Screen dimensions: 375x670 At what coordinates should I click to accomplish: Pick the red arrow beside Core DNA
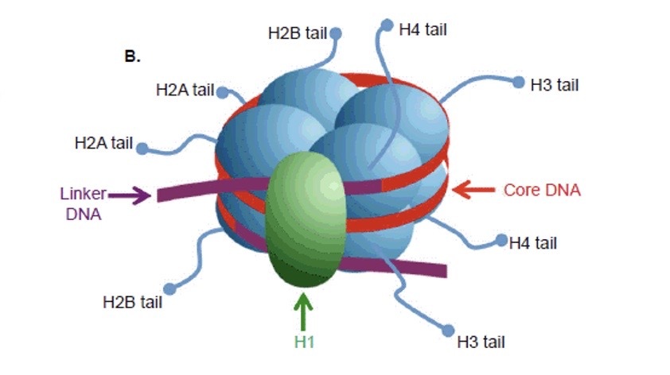(473, 190)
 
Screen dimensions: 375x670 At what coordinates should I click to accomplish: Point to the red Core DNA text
(542, 191)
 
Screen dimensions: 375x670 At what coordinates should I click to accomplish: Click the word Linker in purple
(83, 192)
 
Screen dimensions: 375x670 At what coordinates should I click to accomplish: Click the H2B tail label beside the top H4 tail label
(298, 34)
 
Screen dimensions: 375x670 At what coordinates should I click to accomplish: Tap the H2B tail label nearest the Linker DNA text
(132, 301)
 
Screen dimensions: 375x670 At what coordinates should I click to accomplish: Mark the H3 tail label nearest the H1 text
(481, 342)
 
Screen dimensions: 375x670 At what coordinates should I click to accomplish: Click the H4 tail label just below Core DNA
(533, 243)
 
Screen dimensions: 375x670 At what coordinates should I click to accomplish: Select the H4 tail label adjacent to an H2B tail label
(423, 29)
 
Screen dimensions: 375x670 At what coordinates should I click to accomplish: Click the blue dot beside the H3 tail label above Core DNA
(519, 82)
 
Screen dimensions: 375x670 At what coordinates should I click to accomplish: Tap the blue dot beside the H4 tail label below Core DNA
(501, 239)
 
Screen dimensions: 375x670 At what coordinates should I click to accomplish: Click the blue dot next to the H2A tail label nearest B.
(222, 92)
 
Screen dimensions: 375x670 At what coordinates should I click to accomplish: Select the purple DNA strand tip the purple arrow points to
(163, 195)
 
